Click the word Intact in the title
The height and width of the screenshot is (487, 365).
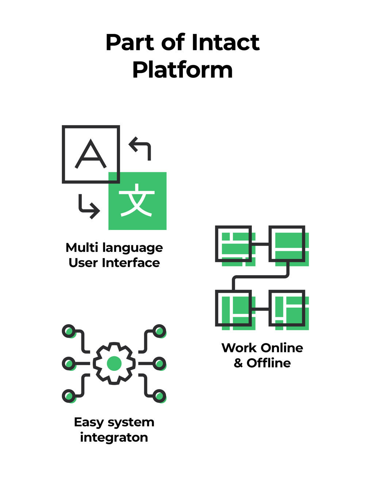(225, 42)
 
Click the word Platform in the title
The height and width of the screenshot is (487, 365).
(182, 69)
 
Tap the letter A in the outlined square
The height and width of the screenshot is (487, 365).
(91, 154)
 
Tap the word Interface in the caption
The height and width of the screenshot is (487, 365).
(131, 263)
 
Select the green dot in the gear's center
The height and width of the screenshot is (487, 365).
(114, 363)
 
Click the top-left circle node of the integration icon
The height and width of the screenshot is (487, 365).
(69, 331)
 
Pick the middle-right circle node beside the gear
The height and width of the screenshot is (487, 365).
(159, 363)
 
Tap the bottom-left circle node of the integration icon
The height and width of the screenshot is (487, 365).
(69, 396)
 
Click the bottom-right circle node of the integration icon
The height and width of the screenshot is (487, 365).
(159, 396)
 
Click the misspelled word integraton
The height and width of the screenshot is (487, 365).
(114, 437)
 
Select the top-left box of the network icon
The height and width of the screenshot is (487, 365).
(233, 244)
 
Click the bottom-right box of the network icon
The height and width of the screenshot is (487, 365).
(287, 308)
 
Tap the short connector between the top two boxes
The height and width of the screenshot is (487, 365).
(260, 244)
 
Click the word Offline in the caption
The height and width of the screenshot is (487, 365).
(269, 363)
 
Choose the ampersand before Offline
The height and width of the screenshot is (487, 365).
(238, 363)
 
